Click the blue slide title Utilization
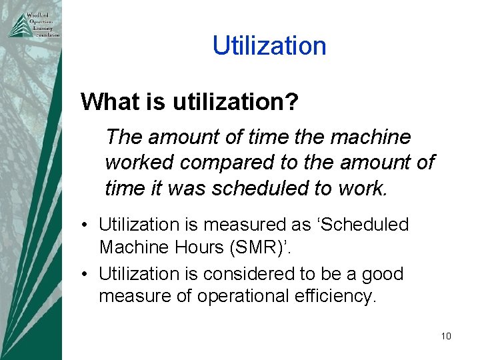coord(269,46)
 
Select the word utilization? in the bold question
coord(235,102)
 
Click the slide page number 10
coord(446,336)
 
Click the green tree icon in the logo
coord(17,25)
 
